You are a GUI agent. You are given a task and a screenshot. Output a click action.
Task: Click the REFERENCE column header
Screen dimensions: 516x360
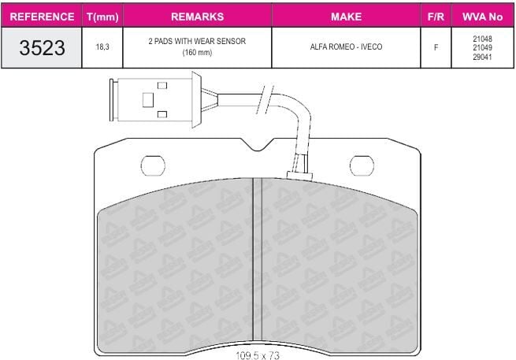pos(42,17)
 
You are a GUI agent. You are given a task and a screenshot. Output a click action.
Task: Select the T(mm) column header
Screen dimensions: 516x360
pos(102,17)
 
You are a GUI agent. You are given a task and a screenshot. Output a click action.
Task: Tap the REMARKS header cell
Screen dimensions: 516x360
pos(198,17)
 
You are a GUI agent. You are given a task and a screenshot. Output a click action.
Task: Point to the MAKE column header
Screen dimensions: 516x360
pos(346,17)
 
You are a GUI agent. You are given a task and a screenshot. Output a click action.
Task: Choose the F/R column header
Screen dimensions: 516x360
pos(436,17)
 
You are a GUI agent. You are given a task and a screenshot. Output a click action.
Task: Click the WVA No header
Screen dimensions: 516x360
pos(482,17)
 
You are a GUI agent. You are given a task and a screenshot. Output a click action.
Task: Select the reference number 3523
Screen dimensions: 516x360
pos(42,48)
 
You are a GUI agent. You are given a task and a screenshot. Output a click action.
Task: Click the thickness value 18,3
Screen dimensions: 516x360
pos(102,47)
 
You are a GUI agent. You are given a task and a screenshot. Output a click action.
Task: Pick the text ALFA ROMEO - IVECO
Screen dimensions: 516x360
pos(346,46)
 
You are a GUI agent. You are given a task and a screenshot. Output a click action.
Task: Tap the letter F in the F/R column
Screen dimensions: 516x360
pos(436,47)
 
